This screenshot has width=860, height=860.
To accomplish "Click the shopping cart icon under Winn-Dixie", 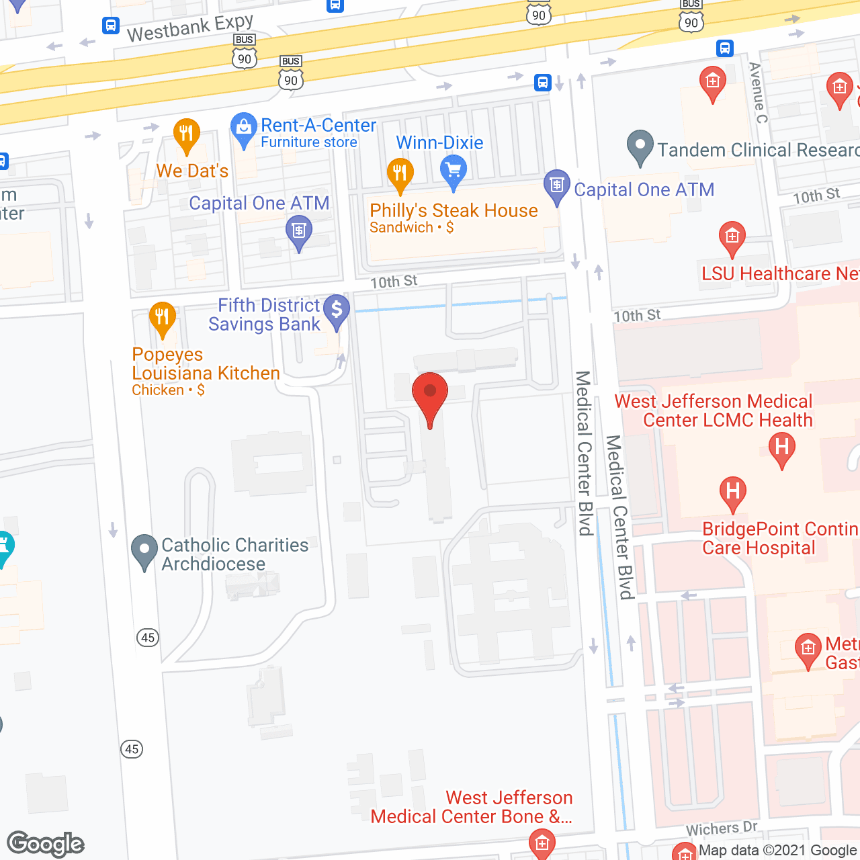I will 454,169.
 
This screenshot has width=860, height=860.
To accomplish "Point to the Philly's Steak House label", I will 454,211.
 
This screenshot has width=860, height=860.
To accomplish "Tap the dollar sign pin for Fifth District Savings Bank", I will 337,310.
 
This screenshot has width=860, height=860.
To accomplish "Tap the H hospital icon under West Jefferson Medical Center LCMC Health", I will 781,447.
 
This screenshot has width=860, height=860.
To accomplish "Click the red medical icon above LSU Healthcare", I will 732,236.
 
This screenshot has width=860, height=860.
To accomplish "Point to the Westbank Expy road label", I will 190,28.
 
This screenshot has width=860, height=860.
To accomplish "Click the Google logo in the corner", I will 45,844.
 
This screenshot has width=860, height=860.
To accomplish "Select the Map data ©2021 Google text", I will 778,851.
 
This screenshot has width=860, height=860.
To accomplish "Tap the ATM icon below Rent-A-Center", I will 299,231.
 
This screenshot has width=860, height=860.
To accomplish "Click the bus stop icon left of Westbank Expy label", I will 111,26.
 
